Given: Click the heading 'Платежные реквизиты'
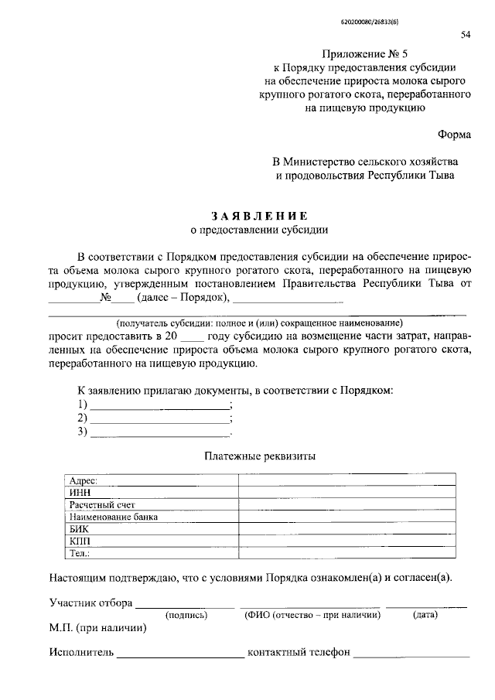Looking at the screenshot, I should [259, 456].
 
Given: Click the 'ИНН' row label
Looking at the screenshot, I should [79, 493].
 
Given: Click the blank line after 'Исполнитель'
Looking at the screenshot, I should [180, 654].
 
